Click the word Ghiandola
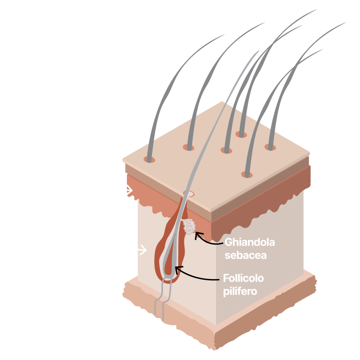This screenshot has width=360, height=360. pyautogui.click(x=250, y=243)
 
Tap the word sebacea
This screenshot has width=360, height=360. pyautogui.click(x=245, y=255)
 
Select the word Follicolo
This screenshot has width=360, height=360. pyautogui.click(x=243, y=278)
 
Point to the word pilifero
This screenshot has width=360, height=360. pyautogui.click(x=240, y=292)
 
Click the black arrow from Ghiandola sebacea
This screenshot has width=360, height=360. pyautogui.click(x=207, y=241)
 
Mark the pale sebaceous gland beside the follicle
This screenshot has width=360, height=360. pyautogui.click(x=189, y=227)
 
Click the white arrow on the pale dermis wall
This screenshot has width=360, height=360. pyautogui.click(x=142, y=250)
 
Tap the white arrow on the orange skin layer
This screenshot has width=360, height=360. pyautogui.click(x=129, y=190)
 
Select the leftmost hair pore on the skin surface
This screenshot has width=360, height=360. pyautogui.click(x=149, y=159)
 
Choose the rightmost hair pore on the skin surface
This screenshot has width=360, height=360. pyautogui.click(x=270, y=147)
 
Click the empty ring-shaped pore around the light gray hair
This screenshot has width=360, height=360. pyautogui.click(x=189, y=194)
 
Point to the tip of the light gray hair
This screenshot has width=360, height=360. pyautogui.click(x=260, y=50)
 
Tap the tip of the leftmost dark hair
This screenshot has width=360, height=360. pyautogui.click(x=224, y=35)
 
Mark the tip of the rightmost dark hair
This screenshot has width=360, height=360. pyautogui.click(x=346, y=22)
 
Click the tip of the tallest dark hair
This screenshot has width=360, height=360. pyautogui.click(x=317, y=9)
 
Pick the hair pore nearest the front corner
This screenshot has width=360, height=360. pyautogui.click(x=247, y=175)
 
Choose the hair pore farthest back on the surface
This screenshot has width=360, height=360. pyautogui.click(x=241, y=134)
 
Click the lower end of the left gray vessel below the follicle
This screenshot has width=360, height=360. pyautogui.click(x=155, y=315)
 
